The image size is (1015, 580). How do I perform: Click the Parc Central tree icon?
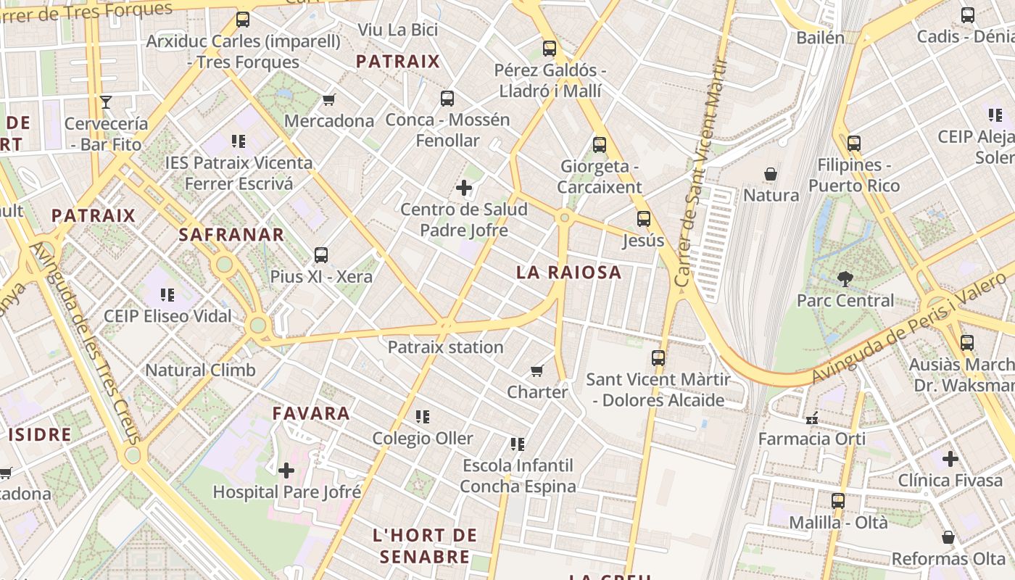click(x=845, y=278)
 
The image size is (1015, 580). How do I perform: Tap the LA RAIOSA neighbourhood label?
click(x=569, y=273)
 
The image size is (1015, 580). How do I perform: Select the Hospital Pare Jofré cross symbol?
click(x=286, y=471)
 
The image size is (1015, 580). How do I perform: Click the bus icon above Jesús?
click(x=643, y=219)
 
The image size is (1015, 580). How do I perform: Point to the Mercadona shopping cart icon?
click(x=329, y=99)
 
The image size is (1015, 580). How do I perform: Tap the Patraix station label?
click(x=445, y=347)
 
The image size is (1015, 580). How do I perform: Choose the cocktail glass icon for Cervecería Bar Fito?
click(x=106, y=102)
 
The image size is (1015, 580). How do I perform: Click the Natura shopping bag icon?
click(x=771, y=175)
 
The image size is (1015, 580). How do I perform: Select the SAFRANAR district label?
click(x=231, y=235)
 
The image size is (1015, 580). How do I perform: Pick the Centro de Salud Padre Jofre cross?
click(x=464, y=188)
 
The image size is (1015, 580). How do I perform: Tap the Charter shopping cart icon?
click(x=537, y=371)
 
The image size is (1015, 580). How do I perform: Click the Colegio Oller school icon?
click(x=422, y=417)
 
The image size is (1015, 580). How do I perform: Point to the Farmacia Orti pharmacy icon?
click(x=812, y=418)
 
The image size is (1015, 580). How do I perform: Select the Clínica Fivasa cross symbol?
click(x=950, y=459)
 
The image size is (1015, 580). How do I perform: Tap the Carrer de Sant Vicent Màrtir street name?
click(x=700, y=174)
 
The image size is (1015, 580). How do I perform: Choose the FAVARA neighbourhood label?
click(x=311, y=414)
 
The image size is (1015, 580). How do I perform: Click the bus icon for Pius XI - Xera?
click(x=321, y=255)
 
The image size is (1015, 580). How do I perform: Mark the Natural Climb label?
click(x=201, y=370)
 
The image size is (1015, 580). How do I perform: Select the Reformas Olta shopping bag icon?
click(x=948, y=537)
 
